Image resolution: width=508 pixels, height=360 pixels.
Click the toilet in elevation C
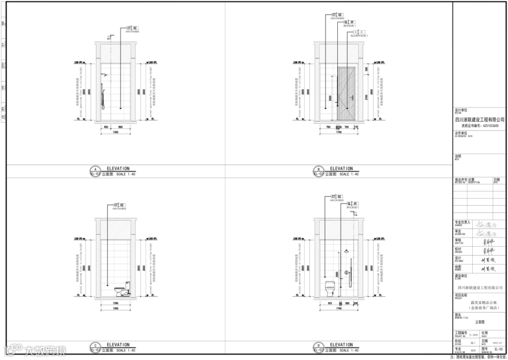pyautogui.click(x=121, y=290)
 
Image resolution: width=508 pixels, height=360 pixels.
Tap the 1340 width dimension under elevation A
pyautogui.click(x=116, y=132)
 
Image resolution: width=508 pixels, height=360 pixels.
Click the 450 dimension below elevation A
pyautogui.click(x=106, y=127)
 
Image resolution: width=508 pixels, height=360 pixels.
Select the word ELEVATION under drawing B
pyautogui.click(x=341, y=168)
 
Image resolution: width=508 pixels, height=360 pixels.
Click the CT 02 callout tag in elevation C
pyautogui.click(x=119, y=205)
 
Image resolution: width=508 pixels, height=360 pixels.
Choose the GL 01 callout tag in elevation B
pyautogui.click(x=349, y=22)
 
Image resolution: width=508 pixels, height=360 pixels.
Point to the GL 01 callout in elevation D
pyautogui.click(x=352, y=203)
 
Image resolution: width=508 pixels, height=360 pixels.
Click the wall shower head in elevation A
pyautogui.click(x=106, y=75)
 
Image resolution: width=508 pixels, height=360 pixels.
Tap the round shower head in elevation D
pyautogui.click(x=346, y=251)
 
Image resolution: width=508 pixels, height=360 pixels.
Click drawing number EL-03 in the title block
pyautogui.click(x=499, y=350)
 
